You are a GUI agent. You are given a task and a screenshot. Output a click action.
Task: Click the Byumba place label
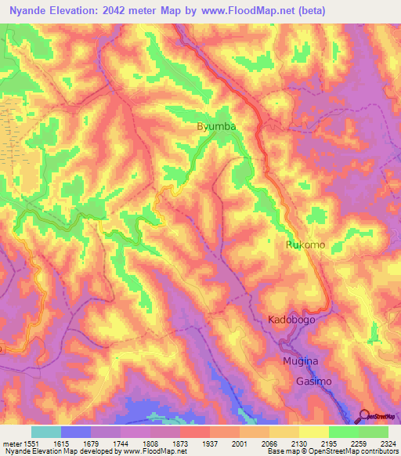click(215, 126)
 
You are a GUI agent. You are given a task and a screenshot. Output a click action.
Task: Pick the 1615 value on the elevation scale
click(76, 443)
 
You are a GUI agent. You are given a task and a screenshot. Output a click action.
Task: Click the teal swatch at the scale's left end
click(45, 432)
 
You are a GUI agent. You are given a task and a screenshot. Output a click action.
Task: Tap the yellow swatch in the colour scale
click(313, 432)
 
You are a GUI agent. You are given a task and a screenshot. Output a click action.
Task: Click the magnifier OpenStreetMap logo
click(364, 416)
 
